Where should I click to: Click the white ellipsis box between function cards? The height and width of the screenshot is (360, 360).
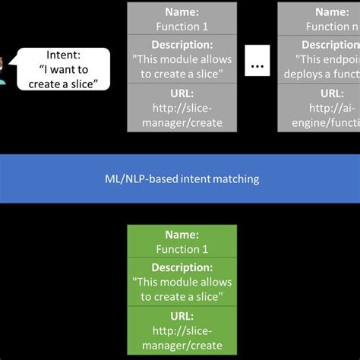(x=257, y=65)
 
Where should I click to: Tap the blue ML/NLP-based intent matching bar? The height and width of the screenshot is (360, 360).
(x=180, y=179)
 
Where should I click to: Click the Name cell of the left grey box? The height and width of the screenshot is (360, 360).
(x=177, y=19)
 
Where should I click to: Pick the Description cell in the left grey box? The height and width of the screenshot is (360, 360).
(x=177, y=59)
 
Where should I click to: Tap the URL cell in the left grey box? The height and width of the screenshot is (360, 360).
(x=177, y=107)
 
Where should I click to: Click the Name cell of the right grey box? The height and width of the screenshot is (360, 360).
(x=319, y=19)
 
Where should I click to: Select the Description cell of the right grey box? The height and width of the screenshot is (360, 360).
(x=319, y=59)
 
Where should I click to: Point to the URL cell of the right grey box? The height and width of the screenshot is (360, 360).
(x=319, y=107)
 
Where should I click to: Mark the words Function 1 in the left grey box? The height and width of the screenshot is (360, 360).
(x=177, y=26)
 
